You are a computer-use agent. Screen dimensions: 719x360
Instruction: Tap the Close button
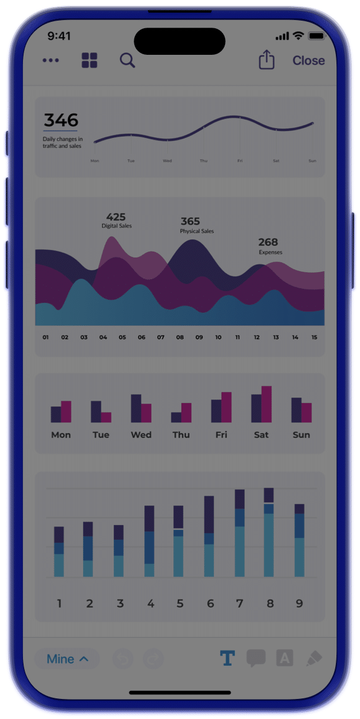(x=308, y=61)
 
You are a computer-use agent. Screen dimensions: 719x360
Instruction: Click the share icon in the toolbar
(x=267, y=60)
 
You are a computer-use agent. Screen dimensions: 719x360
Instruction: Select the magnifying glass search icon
(x=127, y=60)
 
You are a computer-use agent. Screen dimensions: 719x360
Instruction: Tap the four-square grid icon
(x=90, y=60)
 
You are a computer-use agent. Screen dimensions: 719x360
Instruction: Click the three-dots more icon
(x=51, y=61)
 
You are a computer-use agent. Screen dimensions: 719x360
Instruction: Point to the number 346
(x=61, y=120)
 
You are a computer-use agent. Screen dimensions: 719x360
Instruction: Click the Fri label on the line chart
(x=240, y=161)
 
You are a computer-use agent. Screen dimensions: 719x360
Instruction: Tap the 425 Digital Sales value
(x=116, y=217)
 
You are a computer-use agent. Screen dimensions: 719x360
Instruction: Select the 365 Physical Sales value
(x=190, y=222)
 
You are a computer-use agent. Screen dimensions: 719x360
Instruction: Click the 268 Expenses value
(x=268, y=242)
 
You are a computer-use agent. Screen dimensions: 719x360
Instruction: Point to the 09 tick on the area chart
(x=199, y=338)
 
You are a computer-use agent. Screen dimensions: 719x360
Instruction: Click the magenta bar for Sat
(x=266, y=404)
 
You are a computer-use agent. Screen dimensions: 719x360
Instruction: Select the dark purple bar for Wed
(x=136, y=408)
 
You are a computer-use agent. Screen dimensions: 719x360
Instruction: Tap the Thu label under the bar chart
(x=181, y=435)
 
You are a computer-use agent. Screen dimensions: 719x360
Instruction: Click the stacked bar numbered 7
(x=240, y=533)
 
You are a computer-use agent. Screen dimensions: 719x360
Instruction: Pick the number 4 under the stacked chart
(x=151, y=603)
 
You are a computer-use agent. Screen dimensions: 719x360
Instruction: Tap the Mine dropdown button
(x=67, y=659)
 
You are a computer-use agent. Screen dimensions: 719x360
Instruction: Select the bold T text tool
(x=227, y=658)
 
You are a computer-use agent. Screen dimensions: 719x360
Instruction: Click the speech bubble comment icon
(x=256, y=658)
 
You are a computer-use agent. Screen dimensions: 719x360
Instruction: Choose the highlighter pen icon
(x=314, y=658)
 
